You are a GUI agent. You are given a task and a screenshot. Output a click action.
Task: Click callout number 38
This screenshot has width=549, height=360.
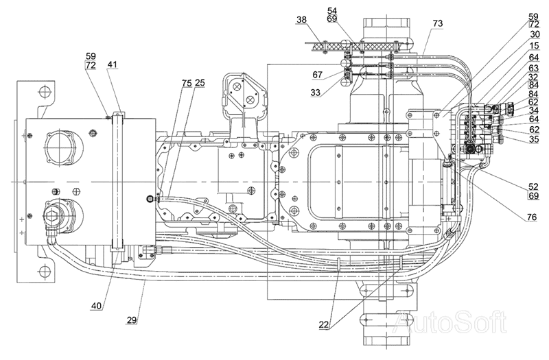click(301, 20)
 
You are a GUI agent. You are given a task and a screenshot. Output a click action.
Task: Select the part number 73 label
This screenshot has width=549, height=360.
click(438, 23)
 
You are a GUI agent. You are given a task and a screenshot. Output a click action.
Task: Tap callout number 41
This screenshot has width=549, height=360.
click(113, 64)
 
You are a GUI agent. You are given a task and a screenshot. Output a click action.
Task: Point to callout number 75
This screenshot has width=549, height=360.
click(187, 83)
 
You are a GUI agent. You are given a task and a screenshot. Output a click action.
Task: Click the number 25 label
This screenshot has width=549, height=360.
click(200, 83)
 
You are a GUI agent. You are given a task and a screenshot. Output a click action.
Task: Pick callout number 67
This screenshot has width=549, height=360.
click(318, 75)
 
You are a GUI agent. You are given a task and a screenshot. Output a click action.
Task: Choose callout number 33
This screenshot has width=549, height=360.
click(315, 93)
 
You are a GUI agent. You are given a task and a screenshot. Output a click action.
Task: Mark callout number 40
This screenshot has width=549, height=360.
click(96, 306)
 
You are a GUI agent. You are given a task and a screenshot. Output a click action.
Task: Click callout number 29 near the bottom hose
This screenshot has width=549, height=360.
click(132, 320)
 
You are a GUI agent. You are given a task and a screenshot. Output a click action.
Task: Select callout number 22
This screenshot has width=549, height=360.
click(323, 324)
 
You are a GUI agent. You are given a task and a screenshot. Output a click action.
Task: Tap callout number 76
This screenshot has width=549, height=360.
click(531, 217)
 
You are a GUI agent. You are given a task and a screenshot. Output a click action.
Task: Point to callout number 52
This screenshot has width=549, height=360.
click(534, 187)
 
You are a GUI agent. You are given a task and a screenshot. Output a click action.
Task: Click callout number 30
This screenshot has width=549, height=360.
click(535, 34)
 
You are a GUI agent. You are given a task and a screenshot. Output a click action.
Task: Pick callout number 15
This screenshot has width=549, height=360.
click(535, 46)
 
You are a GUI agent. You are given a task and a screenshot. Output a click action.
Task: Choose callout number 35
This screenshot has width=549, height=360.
click(534, 139)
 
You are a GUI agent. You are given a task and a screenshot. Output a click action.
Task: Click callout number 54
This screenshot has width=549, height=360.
click(332, 10)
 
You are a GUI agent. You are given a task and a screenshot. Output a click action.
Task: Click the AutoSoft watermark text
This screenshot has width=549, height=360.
click(449, 322)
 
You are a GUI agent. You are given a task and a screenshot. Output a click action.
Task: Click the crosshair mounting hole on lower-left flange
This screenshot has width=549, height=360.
click(45, 270)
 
